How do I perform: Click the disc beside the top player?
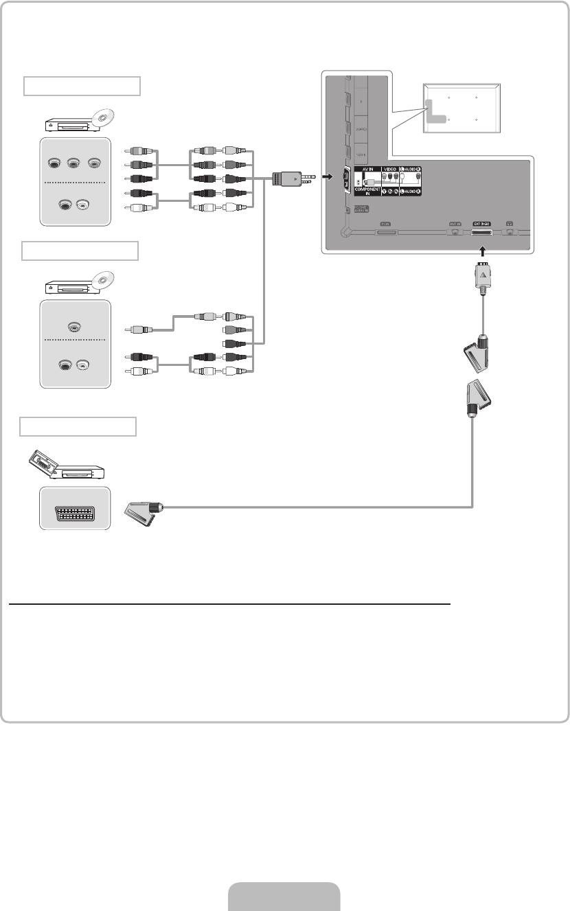click(x=102, y=119)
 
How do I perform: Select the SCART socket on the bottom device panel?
click(x=75, y=508)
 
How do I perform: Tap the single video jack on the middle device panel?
click(x=75, y=327)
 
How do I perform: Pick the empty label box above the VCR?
click(x=78, y=426)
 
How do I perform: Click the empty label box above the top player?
click(x=82, y=87)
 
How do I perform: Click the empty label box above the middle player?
click(x=80, y=251)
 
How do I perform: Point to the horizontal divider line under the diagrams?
click(x=230, y=605)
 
